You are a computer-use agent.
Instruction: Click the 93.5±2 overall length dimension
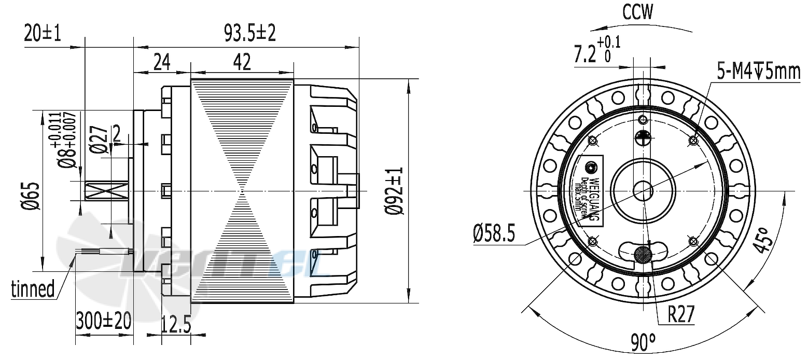pyautogui.click(x=249, y=34)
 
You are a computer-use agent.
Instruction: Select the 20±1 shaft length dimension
pyautogui.click(x=42, y=34)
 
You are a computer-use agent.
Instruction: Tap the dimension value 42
pyautogui.click(x=242, y=62)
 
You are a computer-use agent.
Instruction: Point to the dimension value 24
pyautogui.click(x=161, y=62)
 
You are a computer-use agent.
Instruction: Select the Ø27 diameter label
pyautogui.click(x=99, y=140)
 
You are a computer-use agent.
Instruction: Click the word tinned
pyautogui.click(x=33, y=288)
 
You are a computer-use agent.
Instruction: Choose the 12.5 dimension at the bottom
pyautogui.click(x=176, y=326)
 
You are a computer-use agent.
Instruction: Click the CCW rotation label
pyautogui.click(x=638, y=12)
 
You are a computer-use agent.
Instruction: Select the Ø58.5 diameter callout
pyautogui.click(x=494, y=235)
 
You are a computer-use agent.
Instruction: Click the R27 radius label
pyautogui.click(x=681, y=314)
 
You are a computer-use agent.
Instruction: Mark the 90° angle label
pyautogui.click(x=643, y=343)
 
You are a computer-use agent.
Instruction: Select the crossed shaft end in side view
pyautogui.click(x=106, y=191)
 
